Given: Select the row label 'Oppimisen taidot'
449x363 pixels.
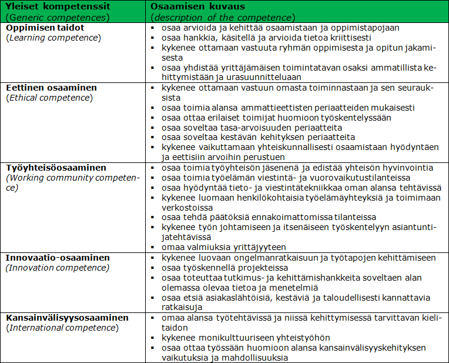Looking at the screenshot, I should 45,28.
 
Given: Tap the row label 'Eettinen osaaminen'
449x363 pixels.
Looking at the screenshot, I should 52,88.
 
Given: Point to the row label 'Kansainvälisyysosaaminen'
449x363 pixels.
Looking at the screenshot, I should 68,318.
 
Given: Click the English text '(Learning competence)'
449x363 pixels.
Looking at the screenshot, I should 53,38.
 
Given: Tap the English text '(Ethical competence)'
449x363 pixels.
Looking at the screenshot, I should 49,98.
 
